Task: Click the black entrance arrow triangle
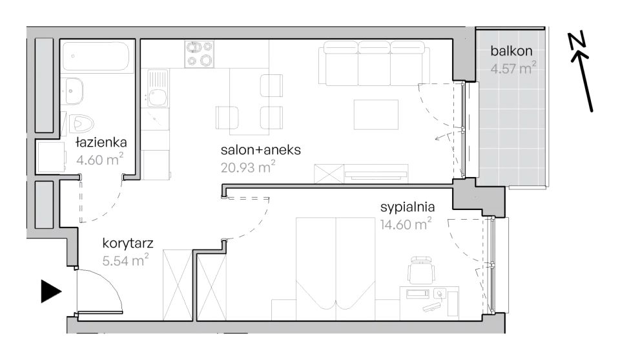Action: pos(50,291)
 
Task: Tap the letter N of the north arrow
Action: pos(577,40)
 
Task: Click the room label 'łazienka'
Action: pos(101,142)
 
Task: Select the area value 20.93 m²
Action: pos(248,167)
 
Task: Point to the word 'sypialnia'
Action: pos(408,207)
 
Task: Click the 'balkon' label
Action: pos(512,50)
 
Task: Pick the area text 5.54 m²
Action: pos(125,260)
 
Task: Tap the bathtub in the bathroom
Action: pos(96,56)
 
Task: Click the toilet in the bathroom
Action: pos(81,124)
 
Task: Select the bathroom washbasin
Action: pos(72,91)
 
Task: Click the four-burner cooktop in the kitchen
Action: pos(199,54)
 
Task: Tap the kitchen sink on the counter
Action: pos(158,89)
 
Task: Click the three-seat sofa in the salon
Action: pos(374,63)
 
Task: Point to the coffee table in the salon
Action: pos(376,115)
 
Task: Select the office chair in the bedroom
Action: pos(421,270)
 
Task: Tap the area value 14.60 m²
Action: pos(406,224)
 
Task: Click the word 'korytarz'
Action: pos(127,243)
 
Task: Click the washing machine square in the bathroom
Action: pos(51,157)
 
